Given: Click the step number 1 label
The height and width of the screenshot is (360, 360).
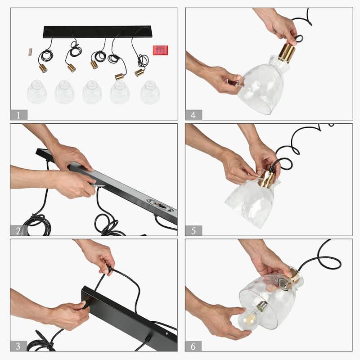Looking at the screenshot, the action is click(x=19, y=115).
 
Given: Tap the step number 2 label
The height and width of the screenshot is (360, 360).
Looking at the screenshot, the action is click(x=18, y=230).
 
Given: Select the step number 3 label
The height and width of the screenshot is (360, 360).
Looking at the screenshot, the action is click(x=18, y=346).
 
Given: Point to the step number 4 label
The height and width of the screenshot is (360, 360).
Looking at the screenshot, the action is click(x=193, y=115).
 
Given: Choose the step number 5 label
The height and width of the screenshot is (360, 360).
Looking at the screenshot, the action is click(x=193, y=230).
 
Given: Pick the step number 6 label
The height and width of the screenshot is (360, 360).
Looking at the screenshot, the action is click(x=193, y=346).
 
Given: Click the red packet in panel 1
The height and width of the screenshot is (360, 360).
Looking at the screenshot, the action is click(x=161, y=50).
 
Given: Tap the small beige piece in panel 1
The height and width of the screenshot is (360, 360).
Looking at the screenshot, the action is click(x=30, y=52).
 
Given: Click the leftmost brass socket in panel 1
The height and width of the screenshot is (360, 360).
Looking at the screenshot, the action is click(x=43, y=68).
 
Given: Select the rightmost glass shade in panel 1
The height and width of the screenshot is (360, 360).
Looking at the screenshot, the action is click(x=150, y=92).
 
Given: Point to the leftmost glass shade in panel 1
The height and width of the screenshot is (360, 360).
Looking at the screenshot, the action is click(x=37, y=92).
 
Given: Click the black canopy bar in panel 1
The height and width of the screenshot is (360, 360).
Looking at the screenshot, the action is click(x=97, y=31).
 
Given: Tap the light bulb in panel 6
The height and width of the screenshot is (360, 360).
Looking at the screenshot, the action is click(x=251, y=315).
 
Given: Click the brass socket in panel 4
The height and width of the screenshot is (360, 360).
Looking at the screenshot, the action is click(x=287, y=53).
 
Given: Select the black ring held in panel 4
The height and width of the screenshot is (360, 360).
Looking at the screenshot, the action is click(x=299, y=38).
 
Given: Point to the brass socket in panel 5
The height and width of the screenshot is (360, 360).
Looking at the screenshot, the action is click(x=266, y=179).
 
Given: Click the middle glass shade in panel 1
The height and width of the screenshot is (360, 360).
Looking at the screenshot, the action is click(x=92, y=92).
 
